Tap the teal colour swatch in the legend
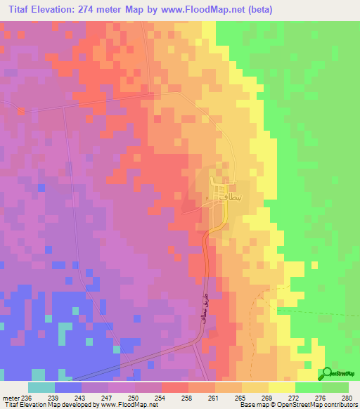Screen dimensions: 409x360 coord(41,387)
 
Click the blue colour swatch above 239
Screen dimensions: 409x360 coord(67,387)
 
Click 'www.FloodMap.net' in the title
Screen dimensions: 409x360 coord(195,9)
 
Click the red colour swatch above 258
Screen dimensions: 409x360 coord(175,387)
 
